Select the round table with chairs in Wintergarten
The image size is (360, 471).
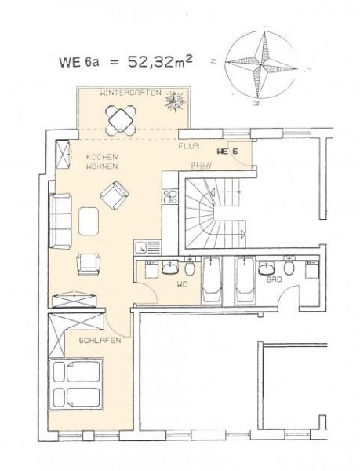[123, 120]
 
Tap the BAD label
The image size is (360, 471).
[274, 279]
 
